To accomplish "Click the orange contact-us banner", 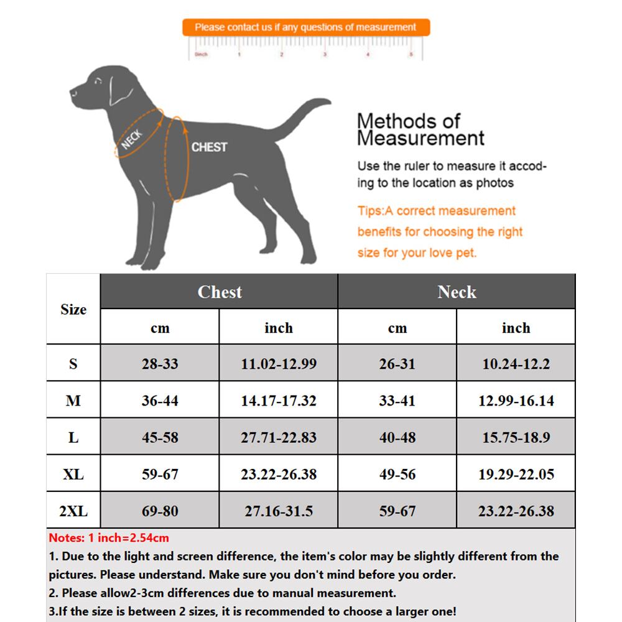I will coord(305,27).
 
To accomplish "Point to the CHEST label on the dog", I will coord(209,147).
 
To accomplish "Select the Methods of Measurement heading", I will coord(420,129).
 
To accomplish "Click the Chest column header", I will coord(219,292).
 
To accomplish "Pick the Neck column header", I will coord(457,292).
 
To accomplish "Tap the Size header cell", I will coord(73,310).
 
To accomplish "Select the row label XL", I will coord(73,475).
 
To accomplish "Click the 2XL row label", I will coord(73,511).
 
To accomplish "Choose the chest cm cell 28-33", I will coord(160,364).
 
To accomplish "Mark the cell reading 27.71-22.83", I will coord(279,437).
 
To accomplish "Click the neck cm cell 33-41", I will coord(397,401).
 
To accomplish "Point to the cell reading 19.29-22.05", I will coord(516,475).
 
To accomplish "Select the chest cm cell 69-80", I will coord(160,511).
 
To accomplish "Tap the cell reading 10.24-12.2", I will coord(516,364).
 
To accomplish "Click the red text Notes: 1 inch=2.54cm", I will coord(109,538).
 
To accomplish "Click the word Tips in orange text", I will coord(369,211).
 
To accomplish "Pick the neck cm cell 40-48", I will coord(397,437).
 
